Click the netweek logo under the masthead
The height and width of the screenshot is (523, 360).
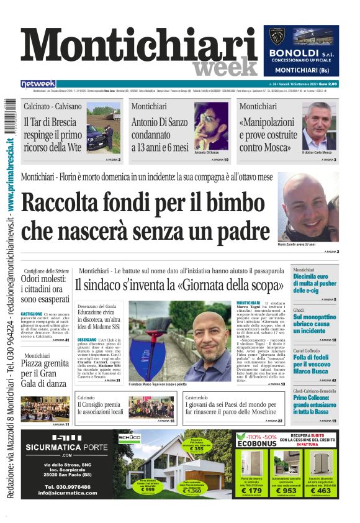pos(38,84)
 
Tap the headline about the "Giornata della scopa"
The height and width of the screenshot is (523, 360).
pos(180,286)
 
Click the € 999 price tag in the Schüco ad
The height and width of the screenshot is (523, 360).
pos(148,489)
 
